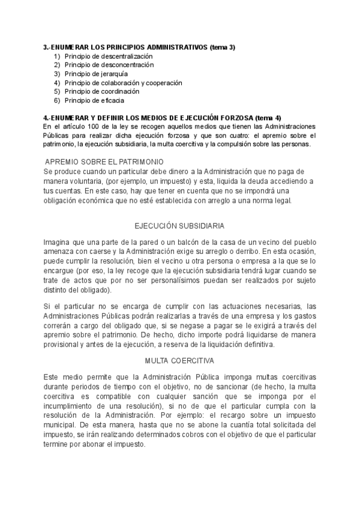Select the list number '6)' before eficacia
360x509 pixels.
tap(57, 101)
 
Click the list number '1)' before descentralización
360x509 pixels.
tap(57, 56)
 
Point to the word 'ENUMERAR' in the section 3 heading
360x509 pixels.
tap(71, 47)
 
